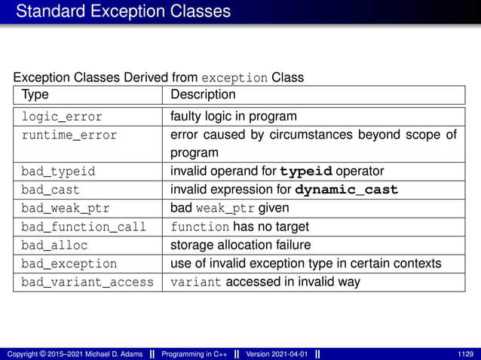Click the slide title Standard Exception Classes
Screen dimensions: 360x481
(123, 12)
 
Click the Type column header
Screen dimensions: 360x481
(35, 95)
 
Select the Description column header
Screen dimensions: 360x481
(203, 95)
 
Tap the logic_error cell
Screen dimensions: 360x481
(62, 117)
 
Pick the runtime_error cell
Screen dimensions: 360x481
(69, 136)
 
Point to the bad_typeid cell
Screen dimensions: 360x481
(58, 171)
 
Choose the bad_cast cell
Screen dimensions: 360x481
(51, 190)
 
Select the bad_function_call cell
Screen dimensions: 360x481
(83, 227)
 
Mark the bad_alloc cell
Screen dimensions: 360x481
(54, 246)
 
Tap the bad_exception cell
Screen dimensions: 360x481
(69, 264)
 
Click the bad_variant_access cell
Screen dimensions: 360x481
(87, 282)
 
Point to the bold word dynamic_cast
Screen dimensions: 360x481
(347, 190)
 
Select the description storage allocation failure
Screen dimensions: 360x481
(240, 246)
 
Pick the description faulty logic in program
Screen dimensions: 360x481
(234, 117)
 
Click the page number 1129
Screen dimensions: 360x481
(466, 354)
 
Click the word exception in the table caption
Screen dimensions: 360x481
(235, 78)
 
